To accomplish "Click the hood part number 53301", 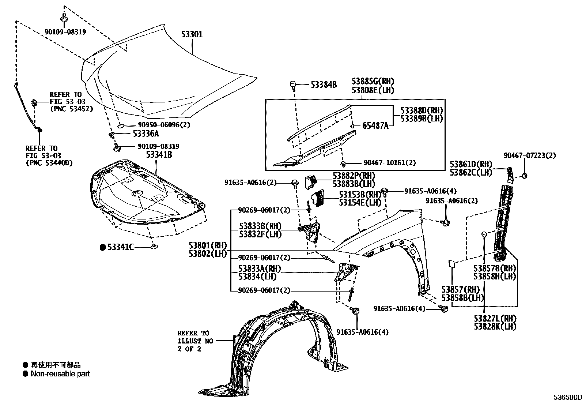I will [x=192, y=34].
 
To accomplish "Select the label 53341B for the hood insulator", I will [x=159, y=155].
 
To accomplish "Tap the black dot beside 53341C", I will [x=103, y=248].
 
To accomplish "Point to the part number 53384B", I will [x=324, y=85].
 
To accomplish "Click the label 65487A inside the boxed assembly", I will [x=375, y=126].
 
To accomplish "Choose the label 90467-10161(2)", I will [x=389, y=163].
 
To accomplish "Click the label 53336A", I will [x=145, y=134].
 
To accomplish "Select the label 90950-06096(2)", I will [x=159, y=125].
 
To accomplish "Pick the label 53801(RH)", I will [x=208, y=245].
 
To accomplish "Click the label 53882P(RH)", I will [x=354, y=176].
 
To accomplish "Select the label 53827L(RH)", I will [x=495, y=319].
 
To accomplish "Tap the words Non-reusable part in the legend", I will [x=60, y=374].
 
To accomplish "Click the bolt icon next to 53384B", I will [x=293, y=86].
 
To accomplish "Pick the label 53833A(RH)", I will [x=260, y=269].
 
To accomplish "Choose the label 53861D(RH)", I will [x=471, y=164].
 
